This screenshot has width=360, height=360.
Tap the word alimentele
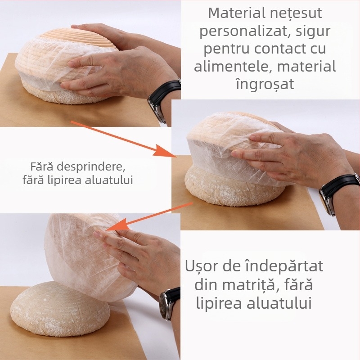(233, 67)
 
